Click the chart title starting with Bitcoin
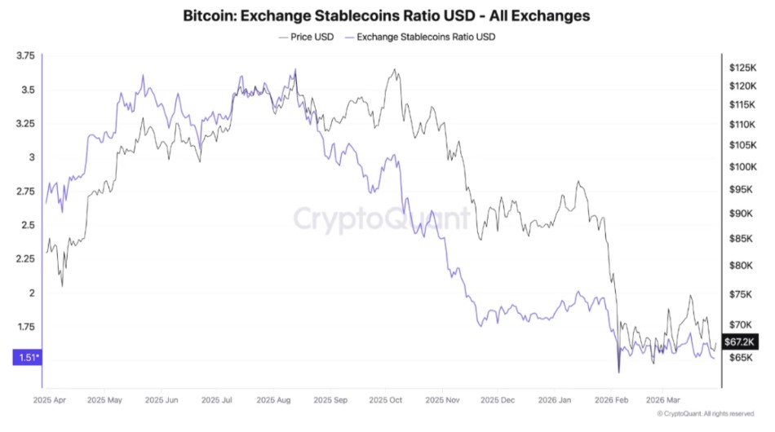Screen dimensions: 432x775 coord(387,15)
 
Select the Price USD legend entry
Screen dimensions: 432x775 coord(308,37)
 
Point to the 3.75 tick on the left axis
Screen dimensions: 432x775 coord(25,55)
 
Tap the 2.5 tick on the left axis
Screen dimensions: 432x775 coord(28,225)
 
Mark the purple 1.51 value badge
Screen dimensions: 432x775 coord(24,357)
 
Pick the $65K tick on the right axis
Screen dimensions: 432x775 coord(741,358)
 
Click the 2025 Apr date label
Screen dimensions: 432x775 coord(51,400)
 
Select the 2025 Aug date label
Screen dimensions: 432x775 coord(275,400)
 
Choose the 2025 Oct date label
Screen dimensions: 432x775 coord(386,400)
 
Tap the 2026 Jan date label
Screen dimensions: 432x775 coord(556,400)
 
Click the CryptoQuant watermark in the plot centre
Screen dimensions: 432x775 coord(381,218)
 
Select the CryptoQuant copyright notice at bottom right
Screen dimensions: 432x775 coord(711,413)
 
